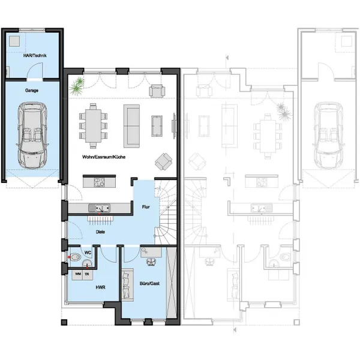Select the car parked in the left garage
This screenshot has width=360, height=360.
tap(32, 134)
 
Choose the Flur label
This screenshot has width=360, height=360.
tap(146, 207)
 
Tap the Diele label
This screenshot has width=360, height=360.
tap(101, 230)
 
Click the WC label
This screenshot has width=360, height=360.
tap(88, 253)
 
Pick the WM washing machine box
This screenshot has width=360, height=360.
tap(78, 274)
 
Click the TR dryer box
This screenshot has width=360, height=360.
tap(88, 274)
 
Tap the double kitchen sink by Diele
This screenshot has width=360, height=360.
tap(101, 208)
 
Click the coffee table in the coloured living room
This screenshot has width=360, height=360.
tap(158, 124)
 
